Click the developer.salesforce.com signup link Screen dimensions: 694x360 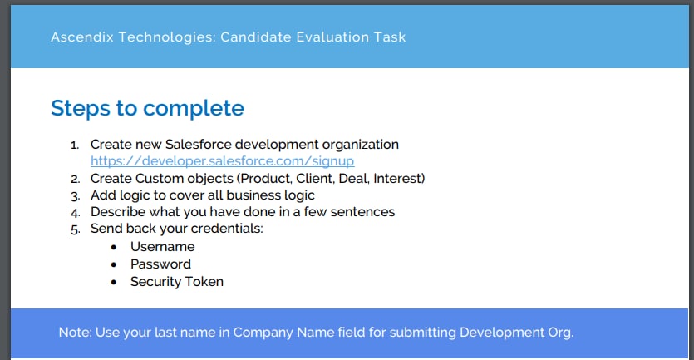(x=222, y=161)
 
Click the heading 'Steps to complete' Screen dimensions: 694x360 (x=147, y=108)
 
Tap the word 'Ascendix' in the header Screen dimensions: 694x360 (x=82, y=37)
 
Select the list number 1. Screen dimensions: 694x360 (x=75, y=145)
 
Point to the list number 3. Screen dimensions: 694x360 (x=76, y=195)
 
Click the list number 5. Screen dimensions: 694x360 (x=76, y=229)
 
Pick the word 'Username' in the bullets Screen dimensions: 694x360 (x=162, y=247)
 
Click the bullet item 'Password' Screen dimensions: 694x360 (x=160, y=264)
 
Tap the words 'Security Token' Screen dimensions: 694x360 (x=177, y=282)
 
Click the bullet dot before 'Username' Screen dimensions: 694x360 (x=114, y=247)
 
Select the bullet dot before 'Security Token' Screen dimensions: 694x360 (x=114, y=282)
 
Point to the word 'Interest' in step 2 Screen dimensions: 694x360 (x=397, y=179)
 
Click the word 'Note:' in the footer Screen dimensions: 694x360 (x=75, y=333)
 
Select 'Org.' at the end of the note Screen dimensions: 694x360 (x=561, y=333)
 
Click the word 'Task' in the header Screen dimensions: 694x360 (x=390, y=37)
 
